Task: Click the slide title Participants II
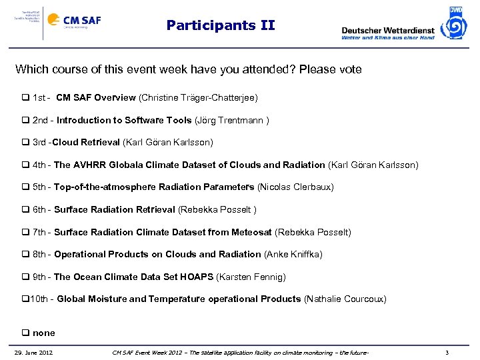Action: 220,26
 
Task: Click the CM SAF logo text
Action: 83,20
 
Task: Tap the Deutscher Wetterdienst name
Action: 387,30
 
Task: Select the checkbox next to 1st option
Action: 25,98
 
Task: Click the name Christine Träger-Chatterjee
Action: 198,98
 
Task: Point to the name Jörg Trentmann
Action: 231,121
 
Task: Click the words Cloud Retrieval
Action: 86,143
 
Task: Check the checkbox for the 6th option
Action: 25,210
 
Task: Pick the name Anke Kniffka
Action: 295,255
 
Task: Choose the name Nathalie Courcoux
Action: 345,299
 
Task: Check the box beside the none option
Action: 25,333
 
